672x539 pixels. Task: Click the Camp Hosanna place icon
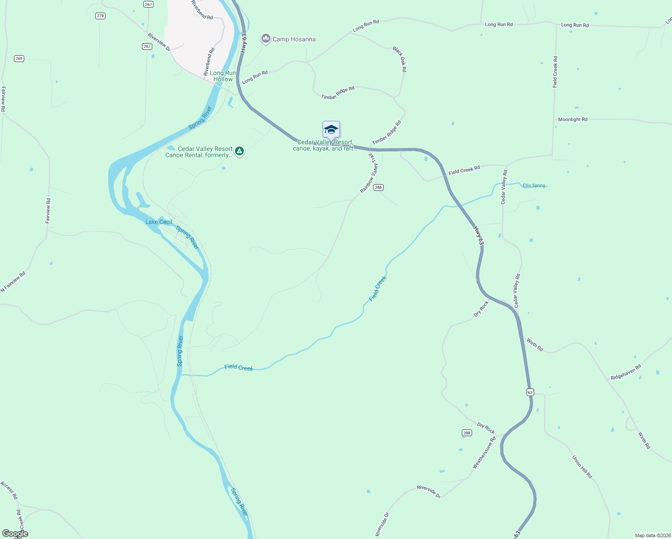coord(266,39)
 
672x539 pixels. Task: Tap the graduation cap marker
coord(331,130)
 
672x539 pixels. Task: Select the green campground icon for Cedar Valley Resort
coord(240,151)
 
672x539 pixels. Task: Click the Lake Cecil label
coord(159,222)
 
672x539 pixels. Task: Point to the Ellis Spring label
coord(534,186)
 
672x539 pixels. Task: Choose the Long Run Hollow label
coord(223,76)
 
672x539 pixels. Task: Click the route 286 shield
coord(378,188)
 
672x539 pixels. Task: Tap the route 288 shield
coord(467,433)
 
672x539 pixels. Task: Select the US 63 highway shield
coord(530,392)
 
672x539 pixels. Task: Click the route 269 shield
coord(19,58)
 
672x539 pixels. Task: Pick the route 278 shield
coord(100,16)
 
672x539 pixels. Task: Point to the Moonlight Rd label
coord(573,119)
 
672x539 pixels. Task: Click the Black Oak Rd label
coord(399,59)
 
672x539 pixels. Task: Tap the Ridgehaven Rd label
coord(626,372)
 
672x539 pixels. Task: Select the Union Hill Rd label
coord(582,467)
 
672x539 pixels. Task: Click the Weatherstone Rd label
coord(484,453)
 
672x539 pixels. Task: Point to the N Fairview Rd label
coord(13,282)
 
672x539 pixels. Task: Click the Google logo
coord(15,534)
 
